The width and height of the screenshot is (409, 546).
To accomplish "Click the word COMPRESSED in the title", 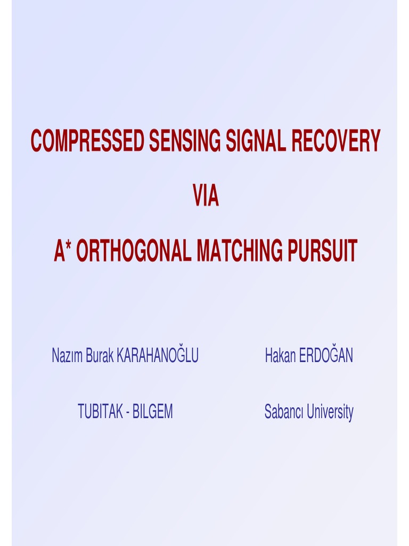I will click(x=87, y=141).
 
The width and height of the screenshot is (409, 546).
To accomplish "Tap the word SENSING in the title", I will click(x=184, y=141).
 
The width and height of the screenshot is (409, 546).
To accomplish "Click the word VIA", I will click(x=206, y=197).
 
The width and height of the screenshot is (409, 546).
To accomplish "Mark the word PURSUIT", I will click(x=322, y=251).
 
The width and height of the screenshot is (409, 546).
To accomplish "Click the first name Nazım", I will click(x=67, y=356).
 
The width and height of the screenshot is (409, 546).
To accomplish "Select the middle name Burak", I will click(x=99, y=356).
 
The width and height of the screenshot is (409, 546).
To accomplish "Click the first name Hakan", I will click(x=280, y=356).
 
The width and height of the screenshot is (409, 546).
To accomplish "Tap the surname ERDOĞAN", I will click(x=326, y=356).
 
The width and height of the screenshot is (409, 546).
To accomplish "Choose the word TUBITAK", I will click(x=100, y=412).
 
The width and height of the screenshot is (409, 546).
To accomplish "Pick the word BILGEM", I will click(x=153, y=412).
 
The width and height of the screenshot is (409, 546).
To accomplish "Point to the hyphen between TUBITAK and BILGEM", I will click(x=128, y=412).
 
